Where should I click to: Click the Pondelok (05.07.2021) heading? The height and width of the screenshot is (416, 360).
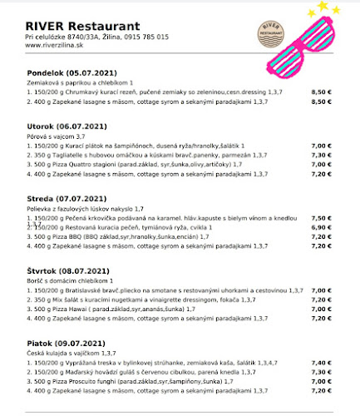68,73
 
